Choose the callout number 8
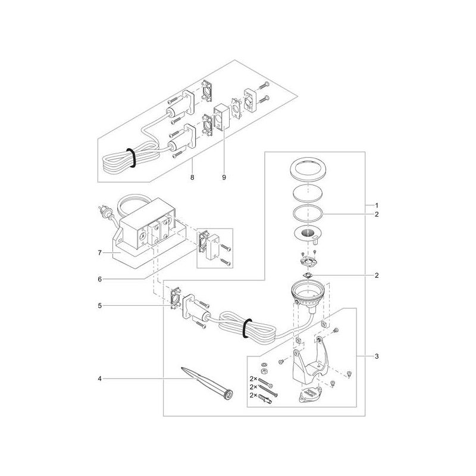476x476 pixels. coord(192,177)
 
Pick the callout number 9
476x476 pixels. coord(224,177)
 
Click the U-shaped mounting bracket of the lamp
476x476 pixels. coord(309,363)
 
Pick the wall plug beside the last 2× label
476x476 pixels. coord(267,404)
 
